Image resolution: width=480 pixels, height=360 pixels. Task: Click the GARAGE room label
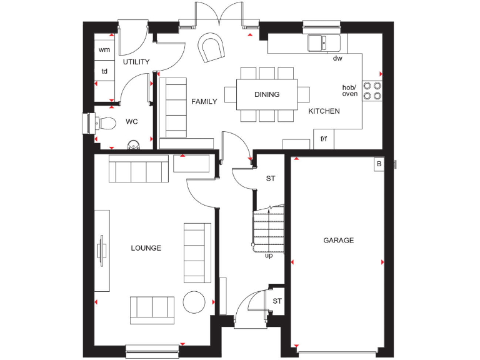[x=338, y=240]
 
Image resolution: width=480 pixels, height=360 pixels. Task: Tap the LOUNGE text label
[x=146, y=248]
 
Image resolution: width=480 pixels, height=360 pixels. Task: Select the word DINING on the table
[x=267, y=94]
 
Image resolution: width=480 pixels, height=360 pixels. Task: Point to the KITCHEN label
[x=324, y=111]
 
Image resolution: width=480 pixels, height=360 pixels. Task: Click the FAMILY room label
[x=204, y=101]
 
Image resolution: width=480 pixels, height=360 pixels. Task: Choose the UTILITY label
[x=136, y=62]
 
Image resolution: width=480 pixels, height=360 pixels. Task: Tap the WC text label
[x=131, y=121]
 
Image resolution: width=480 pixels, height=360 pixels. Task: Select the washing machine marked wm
[x=104, y=49]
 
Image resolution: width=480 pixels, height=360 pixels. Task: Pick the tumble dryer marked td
[x=104, y=71]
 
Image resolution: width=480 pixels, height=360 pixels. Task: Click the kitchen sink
[x=323, y=43]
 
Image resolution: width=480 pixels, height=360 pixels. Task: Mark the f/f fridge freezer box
[x=324, y=139]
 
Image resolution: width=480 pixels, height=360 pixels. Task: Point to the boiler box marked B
[x=378, y=164]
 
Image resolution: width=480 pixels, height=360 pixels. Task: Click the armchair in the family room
[x=211, y=48]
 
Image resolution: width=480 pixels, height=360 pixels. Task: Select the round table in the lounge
[x=194, y=302]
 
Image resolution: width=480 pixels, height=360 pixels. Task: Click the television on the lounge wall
[x=101, y=250]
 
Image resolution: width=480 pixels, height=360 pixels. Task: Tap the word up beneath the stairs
[x=269, y=255]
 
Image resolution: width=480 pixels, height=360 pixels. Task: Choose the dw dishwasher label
[x=337, y=59]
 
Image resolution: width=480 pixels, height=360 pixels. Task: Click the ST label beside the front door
[x=277, y=301]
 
